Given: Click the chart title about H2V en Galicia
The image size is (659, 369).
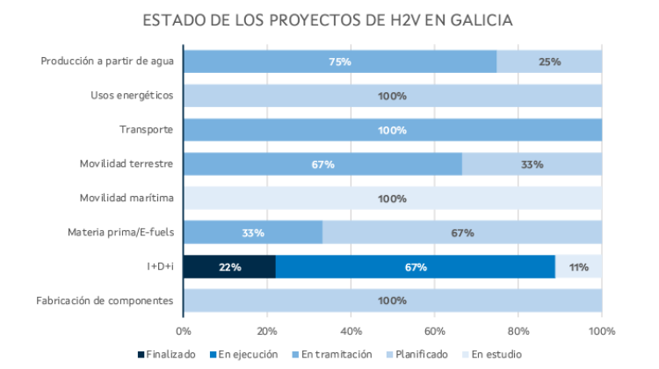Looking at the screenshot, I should click(329, 19).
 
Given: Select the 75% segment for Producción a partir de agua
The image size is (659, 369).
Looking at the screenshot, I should click(340, 61).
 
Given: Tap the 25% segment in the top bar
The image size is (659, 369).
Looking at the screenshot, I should click(549, 61).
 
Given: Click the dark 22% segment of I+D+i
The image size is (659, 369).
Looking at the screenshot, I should click(229, 267).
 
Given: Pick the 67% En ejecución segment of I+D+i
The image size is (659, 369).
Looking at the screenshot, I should click(415, 267).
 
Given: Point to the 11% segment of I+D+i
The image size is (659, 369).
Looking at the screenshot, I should click(578, 267).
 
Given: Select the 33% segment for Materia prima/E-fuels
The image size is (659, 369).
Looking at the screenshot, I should click(253, 233).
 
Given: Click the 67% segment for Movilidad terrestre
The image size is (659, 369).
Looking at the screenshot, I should click(322, 164).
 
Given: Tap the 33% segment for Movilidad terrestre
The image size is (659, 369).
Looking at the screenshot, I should click(532, 164).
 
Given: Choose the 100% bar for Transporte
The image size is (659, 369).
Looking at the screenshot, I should click(392, 130).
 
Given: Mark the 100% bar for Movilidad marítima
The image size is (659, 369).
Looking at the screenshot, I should click(392, 199).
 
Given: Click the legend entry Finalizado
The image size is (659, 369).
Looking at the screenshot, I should click(167, 354).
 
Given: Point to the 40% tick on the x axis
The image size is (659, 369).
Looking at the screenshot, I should click(351, 331).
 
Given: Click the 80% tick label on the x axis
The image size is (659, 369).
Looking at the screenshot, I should click(518, 331).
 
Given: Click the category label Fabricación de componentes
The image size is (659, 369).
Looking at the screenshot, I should click(105, 301).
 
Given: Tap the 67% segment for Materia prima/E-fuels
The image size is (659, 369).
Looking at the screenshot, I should click(462, 233).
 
